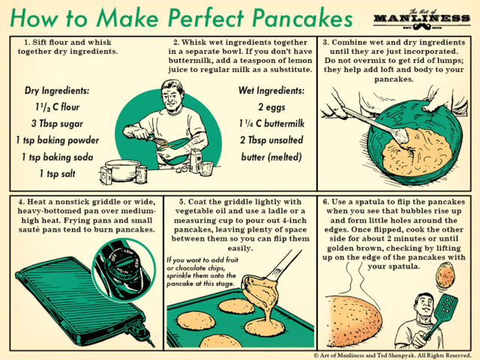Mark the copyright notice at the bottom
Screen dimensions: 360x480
pos(393,352)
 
